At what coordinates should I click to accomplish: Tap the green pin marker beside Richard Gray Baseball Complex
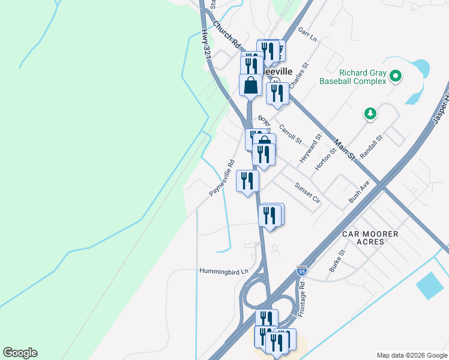click(395, 76)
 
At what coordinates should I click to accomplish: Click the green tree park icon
click(371, 113)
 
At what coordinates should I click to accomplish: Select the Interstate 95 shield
click(302, 271)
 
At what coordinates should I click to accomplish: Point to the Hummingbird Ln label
click(223, 272)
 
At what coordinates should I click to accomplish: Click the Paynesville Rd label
click(221, 178)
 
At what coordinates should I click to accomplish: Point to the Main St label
click(345, 150)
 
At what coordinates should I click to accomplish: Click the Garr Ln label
click(307, 36)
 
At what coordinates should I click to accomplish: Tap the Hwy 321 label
click(207, 41)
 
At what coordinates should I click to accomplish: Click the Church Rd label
click(226, 35)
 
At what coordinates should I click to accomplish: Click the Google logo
click(20, 353)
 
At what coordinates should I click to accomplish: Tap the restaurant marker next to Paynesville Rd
click(248, 181)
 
